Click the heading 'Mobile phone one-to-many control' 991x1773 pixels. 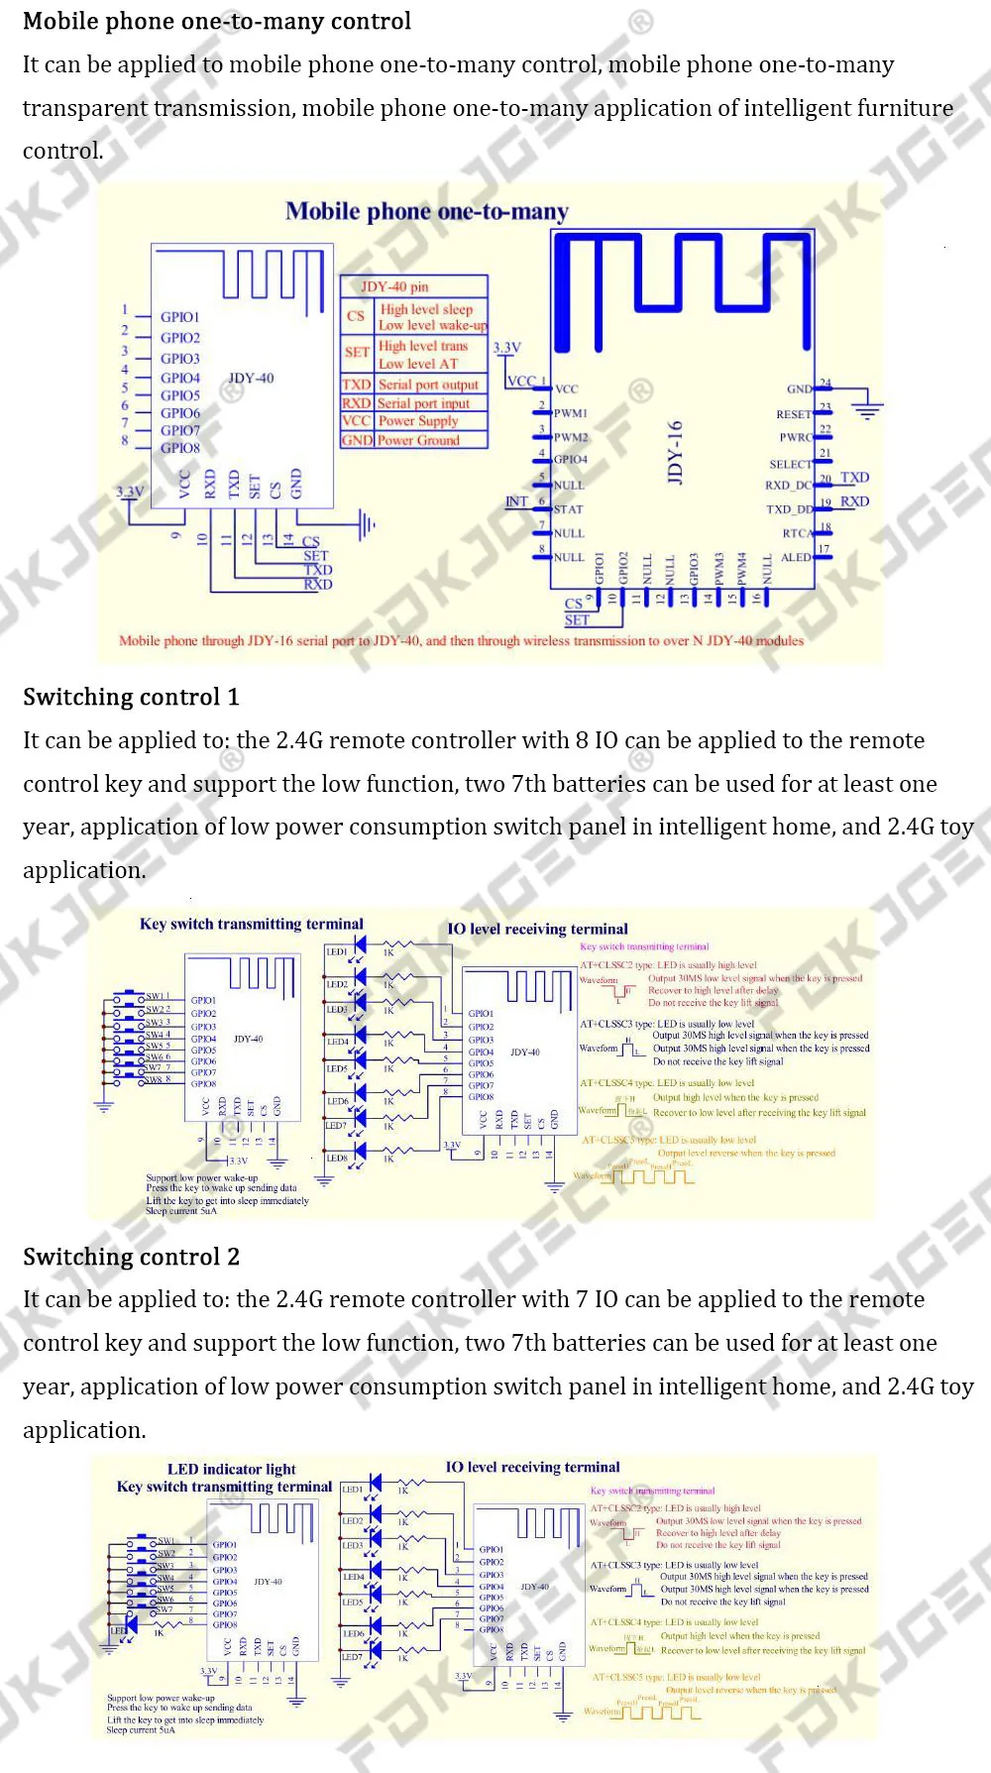pos(216,21)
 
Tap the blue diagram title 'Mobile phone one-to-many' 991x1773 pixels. pos(427,211)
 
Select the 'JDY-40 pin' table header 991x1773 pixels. pos(394,286)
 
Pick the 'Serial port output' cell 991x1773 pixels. pos(428,385)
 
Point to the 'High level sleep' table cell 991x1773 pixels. pos(427,309)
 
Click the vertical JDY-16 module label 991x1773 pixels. pos(675,452)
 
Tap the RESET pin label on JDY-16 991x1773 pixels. pos(794,414)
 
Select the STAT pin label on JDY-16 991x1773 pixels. pos(568,509)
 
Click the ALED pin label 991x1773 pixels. pos(796,557)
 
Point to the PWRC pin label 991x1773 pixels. pos(796,437)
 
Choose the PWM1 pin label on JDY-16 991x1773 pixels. pos(571,413)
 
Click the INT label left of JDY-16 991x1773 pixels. pos(516,501)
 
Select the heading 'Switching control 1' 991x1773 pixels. pos(131,697)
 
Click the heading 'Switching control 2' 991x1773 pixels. pos(131,1257)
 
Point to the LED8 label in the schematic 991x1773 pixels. pos(337,1158)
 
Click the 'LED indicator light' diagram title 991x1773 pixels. pos(231,1469)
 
